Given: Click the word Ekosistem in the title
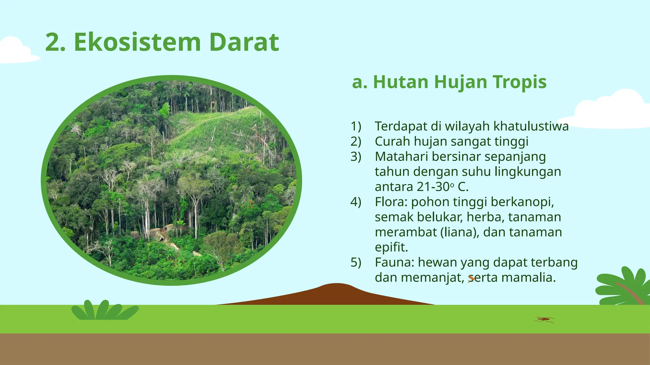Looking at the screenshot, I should tap(137, 42).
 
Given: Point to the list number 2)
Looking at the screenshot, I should tap(356, 141).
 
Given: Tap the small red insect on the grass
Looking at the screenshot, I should tap(544, 319).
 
